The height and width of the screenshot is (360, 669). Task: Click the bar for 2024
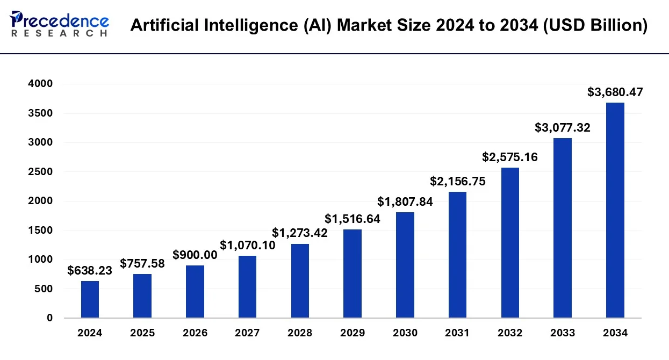(90, 299)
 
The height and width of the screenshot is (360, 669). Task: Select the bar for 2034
(615, 210)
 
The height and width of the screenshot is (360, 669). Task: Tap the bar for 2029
(353, 273)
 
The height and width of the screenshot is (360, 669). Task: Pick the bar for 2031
(457, 255)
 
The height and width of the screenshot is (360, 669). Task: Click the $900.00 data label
(195, 255)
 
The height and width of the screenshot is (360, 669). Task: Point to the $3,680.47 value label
(615, 92)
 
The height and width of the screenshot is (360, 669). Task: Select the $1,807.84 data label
(405, 202)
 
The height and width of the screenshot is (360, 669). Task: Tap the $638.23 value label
(90, 271)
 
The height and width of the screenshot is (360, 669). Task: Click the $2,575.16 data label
(509, 157)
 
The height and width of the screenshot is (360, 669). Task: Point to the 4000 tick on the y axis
(41, 84)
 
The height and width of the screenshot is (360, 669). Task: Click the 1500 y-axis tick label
(41, 231)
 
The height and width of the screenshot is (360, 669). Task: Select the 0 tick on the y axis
(49, 318)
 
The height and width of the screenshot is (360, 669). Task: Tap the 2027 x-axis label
(247, 333)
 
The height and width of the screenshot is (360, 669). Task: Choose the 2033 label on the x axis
(563, 333)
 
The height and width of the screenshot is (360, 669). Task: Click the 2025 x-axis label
(142, 333)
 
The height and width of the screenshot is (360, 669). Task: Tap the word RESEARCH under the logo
(59, 33)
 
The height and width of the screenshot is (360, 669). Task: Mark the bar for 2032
(510, 242)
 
